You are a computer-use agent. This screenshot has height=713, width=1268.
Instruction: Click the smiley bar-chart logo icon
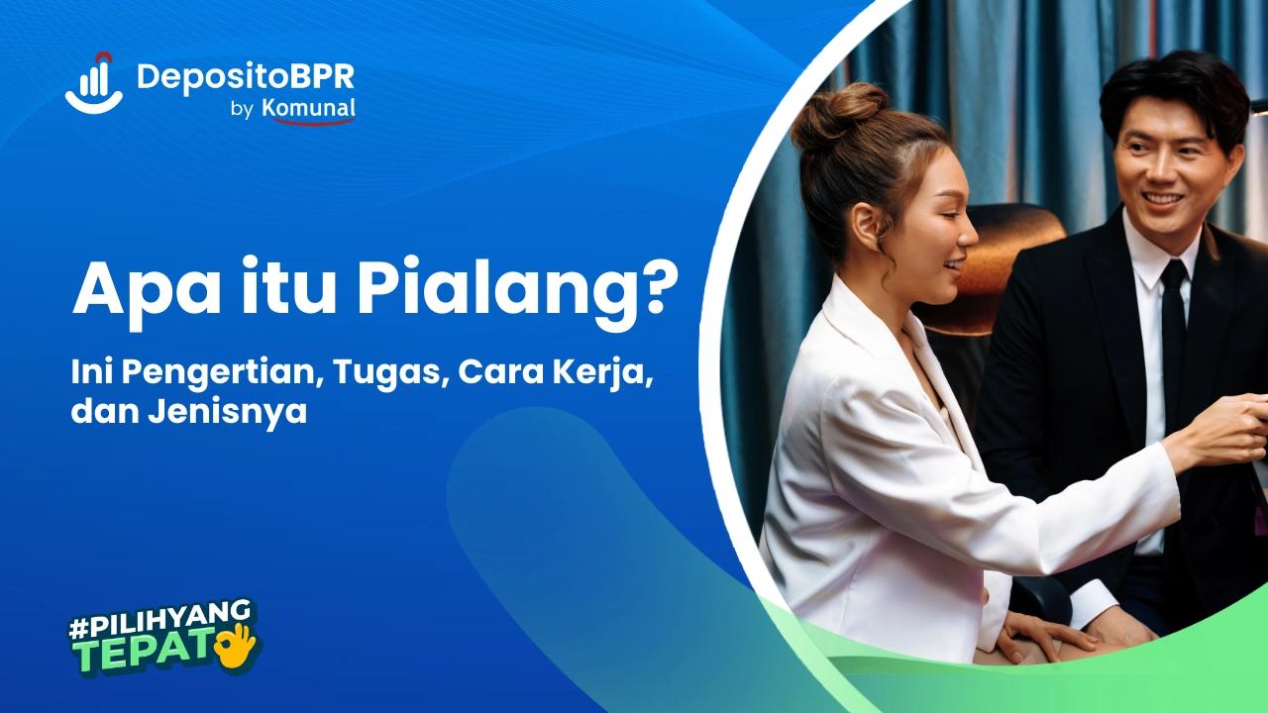(x=93, y=83)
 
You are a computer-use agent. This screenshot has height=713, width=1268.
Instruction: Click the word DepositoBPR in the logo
(x=246, y=76)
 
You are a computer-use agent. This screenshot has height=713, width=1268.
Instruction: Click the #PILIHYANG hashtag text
(x=158, y=623)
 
